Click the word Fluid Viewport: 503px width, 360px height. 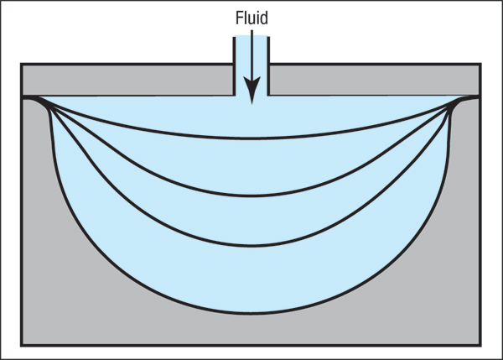point(251,18)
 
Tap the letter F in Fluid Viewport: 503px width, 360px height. point(239,18)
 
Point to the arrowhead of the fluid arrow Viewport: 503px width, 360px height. point(251,91)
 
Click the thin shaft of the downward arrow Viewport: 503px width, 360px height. point(251,54)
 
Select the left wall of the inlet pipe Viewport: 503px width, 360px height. point(234,66)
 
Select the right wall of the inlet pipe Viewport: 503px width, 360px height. point(268,66)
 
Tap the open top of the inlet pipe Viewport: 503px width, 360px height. point(251,36)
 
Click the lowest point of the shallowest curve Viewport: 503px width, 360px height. point(251,138)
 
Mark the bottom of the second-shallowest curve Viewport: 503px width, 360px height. point(251,196)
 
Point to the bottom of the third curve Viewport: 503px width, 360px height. point(251,246)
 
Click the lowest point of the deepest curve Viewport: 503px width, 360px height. point(251,312)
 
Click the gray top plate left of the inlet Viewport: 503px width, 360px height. point(127,80)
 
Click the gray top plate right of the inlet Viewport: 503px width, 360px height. point(375,80)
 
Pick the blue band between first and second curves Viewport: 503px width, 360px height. point(251,167)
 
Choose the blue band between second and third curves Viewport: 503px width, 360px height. point(251,221)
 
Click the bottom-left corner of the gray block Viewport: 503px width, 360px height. point(22,345)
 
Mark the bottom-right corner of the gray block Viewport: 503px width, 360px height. point(480,345)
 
